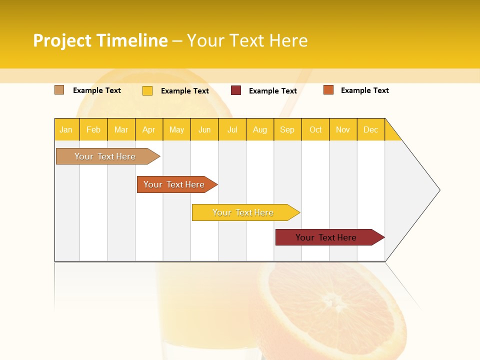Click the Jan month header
click(66, 129)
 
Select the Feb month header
click(93, 129)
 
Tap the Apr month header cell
click(149, 129)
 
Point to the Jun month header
click(204, 129)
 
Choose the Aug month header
click(260, 129)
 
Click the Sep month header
click(287, 129)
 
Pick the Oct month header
click(315, 129)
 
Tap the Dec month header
click(371, 129)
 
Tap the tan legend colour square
click(59, 90)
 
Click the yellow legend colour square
click(147, 90)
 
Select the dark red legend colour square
click(236, 90)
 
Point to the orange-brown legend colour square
click(328, 90)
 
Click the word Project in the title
click(62, 40)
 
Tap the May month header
click(176, 129)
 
